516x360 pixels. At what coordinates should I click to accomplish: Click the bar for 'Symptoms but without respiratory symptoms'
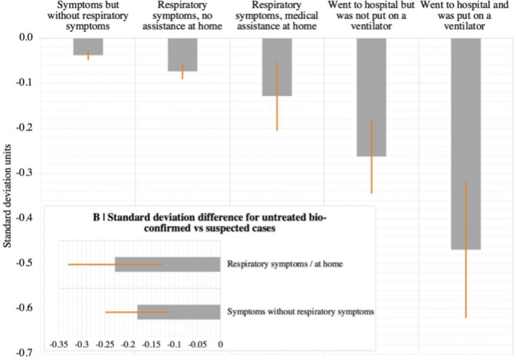[88, 46]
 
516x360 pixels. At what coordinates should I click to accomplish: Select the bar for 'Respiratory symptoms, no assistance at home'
[183, 54]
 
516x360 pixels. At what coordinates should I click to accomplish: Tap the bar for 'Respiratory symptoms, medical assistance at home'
[276, 66]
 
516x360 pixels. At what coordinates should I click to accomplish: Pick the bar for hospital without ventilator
[371, 97]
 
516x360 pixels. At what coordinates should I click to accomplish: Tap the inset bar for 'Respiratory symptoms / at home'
[167, 264]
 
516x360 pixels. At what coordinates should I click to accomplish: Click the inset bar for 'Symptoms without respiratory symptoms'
[178, 312]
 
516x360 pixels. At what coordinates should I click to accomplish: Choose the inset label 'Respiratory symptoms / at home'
[284, 264]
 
